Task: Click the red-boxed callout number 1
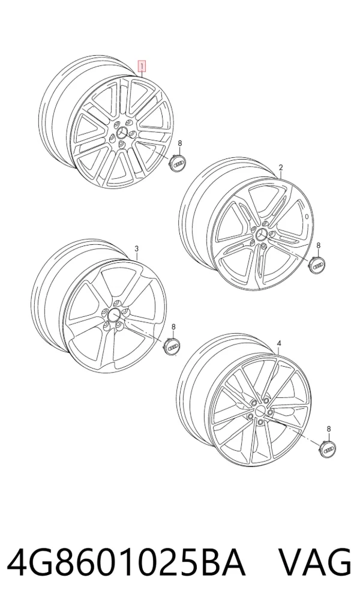(x=143, y=66)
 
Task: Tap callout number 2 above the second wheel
(x=281, y=167)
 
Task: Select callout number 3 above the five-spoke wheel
(x=136, y=248)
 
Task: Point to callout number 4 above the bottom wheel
(x=278, y=343)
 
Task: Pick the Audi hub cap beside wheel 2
(x=318, y=265)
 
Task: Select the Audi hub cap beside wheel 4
(x=326, y=448)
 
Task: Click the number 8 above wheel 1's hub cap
(x=180, y=143)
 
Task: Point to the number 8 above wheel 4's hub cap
(x=329, y=429)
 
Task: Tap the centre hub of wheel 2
(x=260, y=235)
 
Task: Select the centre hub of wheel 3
(x=114, y=315)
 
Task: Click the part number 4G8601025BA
(x=126, y=562)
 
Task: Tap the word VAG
(x=315, y=562)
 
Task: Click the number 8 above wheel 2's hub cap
(x=319, y=245)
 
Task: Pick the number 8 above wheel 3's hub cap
(x=174, y=327)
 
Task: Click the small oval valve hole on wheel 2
(x=307, y=216)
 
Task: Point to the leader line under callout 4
(x=279, y=350)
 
